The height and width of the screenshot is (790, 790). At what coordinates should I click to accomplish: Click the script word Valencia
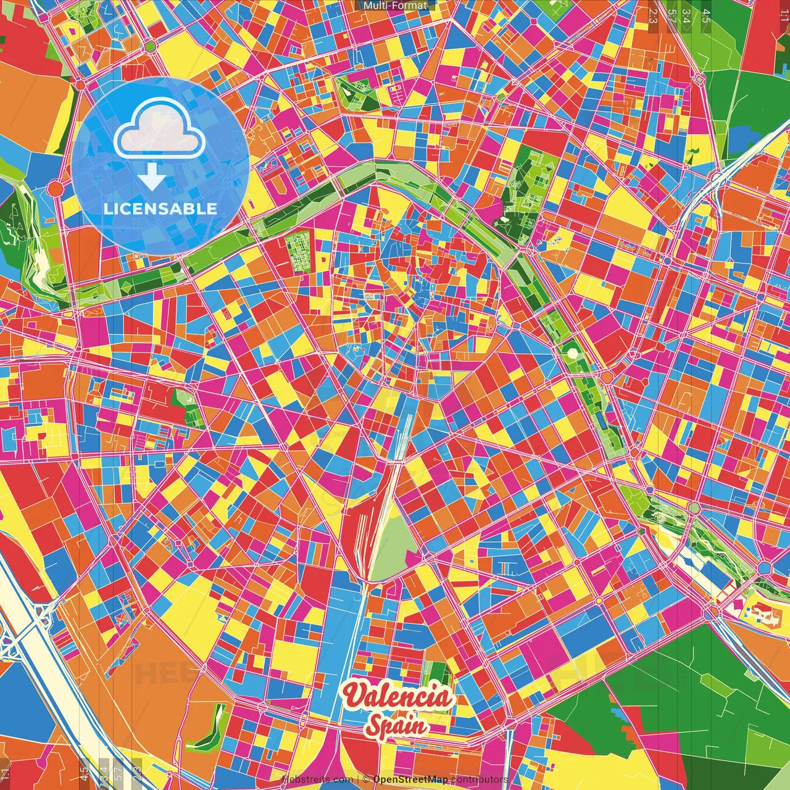point(398,696)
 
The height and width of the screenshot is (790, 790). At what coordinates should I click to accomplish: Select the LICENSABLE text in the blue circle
point(160,209)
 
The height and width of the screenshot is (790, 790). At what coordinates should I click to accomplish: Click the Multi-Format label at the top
point(395,6)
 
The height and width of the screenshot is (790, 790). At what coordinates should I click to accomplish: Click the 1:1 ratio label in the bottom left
point(6,773)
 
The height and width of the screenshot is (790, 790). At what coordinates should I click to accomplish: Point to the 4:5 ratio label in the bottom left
point(84,773)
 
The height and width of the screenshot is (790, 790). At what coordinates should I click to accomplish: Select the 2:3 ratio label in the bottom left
point(137,773)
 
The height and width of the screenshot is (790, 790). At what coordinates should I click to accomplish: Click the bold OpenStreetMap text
point(410,780)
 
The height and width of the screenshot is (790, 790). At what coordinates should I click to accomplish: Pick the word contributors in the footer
point(480,780)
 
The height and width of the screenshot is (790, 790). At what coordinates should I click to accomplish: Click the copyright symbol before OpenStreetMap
point(365,780)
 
